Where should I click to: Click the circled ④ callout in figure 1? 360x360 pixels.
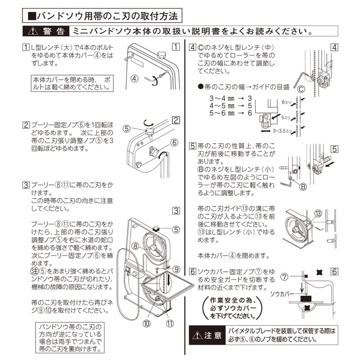coord(135,77)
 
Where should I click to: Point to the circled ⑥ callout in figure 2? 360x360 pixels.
coord(174,143)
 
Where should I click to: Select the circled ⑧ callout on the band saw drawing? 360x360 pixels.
coord(135,245)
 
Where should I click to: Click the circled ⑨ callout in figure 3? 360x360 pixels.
coord(176,269)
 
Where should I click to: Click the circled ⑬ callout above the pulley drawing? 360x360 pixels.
coord(318,214)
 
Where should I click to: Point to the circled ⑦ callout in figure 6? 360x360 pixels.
coord(284,275)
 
